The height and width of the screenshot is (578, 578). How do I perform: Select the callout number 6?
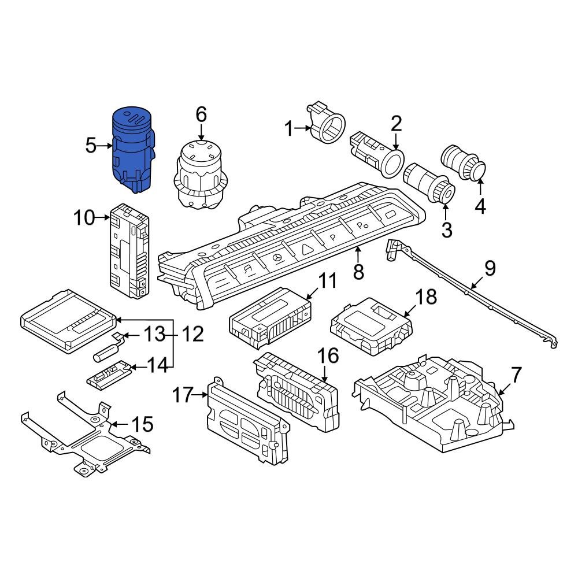(x=201, y=114)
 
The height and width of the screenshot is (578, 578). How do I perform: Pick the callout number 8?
(x=358, y=271)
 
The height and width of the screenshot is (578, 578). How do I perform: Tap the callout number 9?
(x=490, y=268)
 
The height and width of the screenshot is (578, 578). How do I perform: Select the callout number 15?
(x=142, y=425)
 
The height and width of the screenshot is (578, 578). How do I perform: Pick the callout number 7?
(x=516, y=375)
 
